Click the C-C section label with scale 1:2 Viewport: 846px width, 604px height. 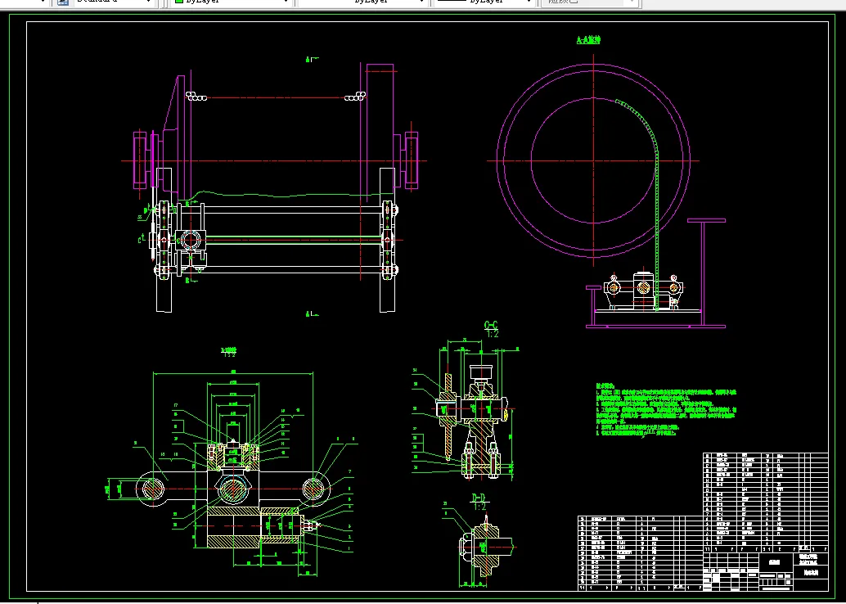(x=492, y=328)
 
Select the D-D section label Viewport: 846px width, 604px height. (x=479, y=500)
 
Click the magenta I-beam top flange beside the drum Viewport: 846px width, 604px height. (x=706, y=219)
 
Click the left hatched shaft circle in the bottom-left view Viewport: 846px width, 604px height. (x=152, y=488)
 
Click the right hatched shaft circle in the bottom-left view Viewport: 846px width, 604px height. (x=315, y=488)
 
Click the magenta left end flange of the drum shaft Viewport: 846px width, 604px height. (x=140, y=160)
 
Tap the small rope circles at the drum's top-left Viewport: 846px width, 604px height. (x=196, y=97)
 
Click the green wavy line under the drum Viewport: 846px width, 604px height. (x=286, y=195)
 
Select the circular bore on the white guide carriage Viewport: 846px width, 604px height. (x=191, y=239)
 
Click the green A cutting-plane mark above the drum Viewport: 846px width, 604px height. (x=309, y=59)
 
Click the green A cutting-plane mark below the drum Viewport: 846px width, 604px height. (x=309, y=313)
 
